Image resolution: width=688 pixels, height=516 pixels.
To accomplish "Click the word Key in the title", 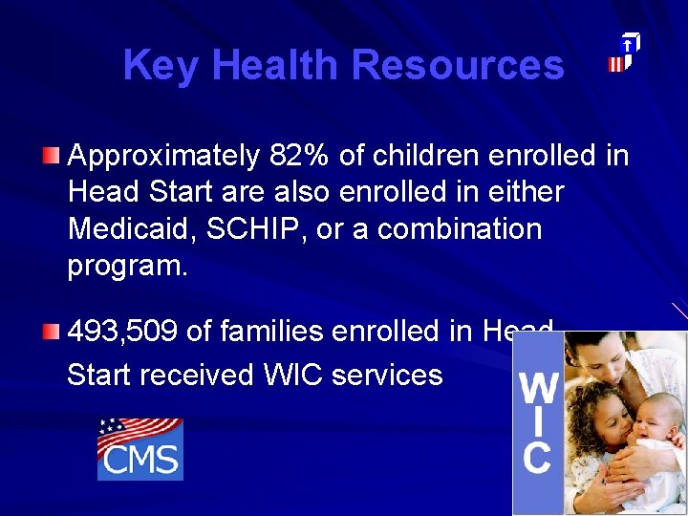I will [161, 66].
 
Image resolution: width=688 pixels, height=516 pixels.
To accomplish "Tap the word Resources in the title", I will [457, 66].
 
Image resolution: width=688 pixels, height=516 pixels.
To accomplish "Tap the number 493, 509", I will [122, 333].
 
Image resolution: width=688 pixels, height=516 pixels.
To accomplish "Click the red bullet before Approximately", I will [52, 155].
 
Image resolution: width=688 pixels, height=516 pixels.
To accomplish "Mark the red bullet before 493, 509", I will [52, 333].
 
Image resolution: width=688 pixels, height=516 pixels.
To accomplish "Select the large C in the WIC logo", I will [537, 457].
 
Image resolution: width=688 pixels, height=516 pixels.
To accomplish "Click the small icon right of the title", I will [624, 54].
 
